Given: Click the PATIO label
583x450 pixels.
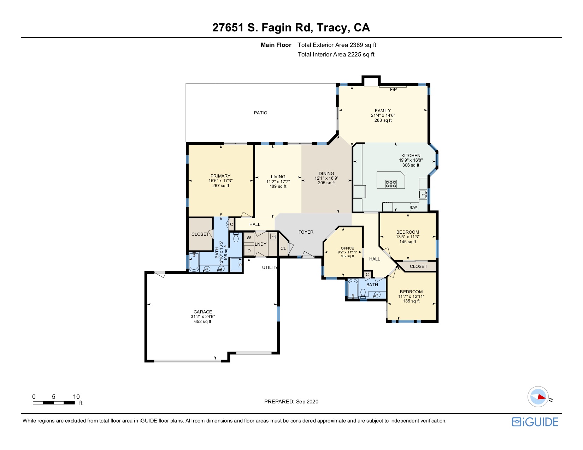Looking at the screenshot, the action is coord(260,113).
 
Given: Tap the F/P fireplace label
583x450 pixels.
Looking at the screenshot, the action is coord(393,90).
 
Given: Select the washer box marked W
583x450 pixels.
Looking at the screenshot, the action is coord(249,238).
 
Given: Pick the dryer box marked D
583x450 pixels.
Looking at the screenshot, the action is coord(249,251).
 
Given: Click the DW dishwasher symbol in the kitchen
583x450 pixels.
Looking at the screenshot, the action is coord(414,207).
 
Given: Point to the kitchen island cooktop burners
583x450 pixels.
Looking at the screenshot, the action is coord(391,184).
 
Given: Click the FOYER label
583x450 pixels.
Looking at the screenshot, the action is coord(306,232).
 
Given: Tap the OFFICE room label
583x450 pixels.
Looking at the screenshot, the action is coord(347,248).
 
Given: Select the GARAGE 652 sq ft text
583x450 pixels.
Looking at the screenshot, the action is coord(203,322).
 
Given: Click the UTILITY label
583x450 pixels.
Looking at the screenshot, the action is coord(270,268).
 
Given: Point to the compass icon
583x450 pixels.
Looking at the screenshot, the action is coord(538,397).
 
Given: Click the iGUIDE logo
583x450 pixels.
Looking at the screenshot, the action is coord(535,422).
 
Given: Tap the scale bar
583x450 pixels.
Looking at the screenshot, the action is coord(54,403).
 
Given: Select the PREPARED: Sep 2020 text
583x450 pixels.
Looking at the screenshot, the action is coord(291,402).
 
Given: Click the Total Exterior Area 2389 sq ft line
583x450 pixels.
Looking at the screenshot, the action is coord(337,45).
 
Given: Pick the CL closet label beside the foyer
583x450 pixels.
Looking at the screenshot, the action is coord(283,248).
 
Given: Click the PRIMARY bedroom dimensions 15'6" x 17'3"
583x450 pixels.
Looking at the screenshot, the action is coord(220,181).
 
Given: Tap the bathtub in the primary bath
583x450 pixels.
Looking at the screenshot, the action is coord(194,262).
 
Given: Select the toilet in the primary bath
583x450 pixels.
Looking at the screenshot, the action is coord(236,238).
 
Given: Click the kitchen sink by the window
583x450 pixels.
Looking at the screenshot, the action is coord(423,194).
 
